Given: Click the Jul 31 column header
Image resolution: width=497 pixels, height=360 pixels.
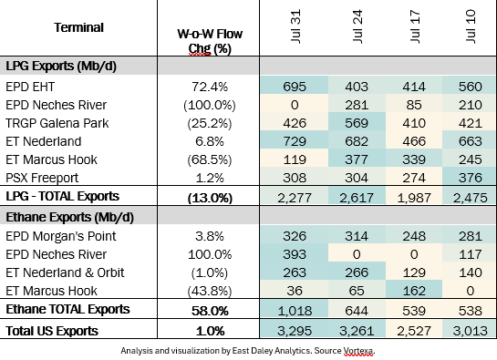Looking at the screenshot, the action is [295, 26].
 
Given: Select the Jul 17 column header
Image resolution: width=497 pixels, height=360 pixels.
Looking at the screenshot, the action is [415, 26].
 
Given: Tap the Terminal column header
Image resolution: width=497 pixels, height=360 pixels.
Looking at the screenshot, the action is [78, 27].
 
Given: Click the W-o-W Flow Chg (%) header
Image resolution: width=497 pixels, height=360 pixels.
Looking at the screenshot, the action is [210, 41].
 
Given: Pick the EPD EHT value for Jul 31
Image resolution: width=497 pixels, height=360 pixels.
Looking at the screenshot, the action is [295, 87].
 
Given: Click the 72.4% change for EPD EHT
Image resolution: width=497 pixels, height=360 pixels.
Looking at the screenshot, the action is [210, 87].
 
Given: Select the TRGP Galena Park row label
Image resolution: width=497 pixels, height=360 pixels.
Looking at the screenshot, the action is [57, 123].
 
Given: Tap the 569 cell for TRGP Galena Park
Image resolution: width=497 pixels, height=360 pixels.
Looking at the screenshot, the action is [357, 123].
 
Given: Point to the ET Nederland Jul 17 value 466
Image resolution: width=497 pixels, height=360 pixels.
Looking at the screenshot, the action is [414, 141].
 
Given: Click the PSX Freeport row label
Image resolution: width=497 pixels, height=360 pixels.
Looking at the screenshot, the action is [42, 178].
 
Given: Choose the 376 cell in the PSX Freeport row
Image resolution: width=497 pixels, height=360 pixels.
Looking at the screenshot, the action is [470, 178].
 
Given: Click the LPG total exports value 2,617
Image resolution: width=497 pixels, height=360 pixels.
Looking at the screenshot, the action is [357, 198].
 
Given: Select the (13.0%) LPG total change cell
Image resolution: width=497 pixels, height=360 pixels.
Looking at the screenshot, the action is [210, 198].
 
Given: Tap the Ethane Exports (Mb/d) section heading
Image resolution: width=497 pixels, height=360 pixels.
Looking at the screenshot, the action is [69, 218].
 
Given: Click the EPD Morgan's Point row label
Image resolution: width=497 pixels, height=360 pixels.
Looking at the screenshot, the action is [61, 236].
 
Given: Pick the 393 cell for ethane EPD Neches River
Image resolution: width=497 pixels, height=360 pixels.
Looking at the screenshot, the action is [295, 254].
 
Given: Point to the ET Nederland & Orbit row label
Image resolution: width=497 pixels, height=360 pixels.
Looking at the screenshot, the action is [65, 273].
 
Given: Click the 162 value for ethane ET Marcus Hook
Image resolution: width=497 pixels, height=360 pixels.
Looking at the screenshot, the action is [414, 291].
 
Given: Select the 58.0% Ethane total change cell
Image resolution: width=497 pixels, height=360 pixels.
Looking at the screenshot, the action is [210, 311].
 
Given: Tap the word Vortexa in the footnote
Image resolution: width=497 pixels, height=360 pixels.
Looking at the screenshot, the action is [358, 351].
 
